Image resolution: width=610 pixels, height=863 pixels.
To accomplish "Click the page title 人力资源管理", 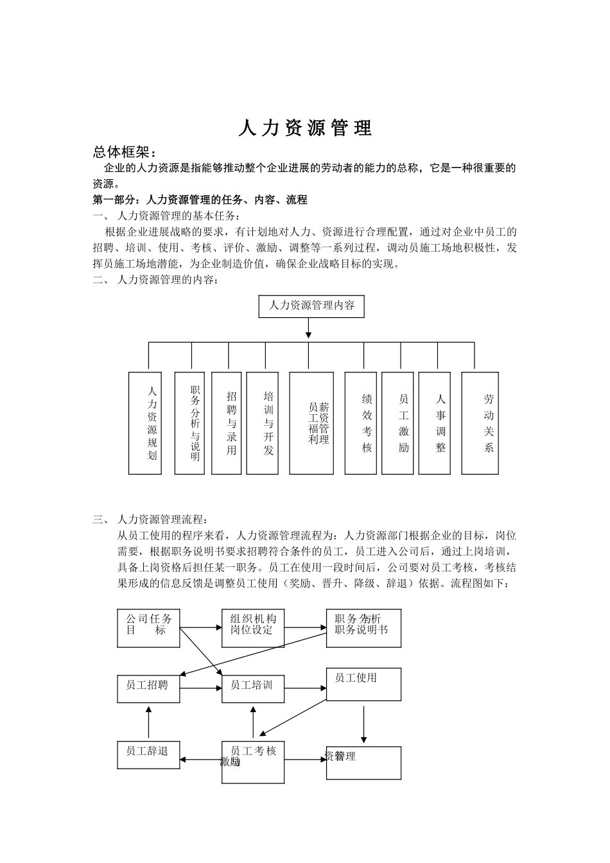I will click(x=305, y=128).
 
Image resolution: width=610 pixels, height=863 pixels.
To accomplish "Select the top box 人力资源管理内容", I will click(x=311, y=306).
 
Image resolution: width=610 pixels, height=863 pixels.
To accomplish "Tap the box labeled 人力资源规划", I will click(x=145, y=423).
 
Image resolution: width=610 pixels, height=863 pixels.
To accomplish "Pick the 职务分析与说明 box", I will click(x=189, y=423).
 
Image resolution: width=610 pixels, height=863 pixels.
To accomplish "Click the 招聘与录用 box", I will click(x=226, y=423).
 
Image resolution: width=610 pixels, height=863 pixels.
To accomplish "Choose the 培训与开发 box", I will click(x=263, y=423).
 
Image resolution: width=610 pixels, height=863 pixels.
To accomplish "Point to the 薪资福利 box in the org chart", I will click(x=311, y=423).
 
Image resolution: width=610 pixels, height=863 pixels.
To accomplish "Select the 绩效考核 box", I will click(x=361, y=423).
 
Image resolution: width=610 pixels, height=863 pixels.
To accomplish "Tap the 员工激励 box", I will click(x=397, y=423).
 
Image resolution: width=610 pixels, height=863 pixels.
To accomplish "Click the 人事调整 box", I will click(x=435, y=423).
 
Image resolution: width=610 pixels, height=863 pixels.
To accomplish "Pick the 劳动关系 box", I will click(x=480, y=423).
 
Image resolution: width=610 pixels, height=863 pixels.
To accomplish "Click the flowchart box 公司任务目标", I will click(x=148, y=628).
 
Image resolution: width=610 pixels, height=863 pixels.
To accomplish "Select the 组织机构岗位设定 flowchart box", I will click(x=253, y=628).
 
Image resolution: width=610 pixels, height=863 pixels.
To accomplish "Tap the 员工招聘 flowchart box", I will click(x=148, y=688).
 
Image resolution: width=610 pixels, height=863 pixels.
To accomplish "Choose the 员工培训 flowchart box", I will click(x=253, y=688).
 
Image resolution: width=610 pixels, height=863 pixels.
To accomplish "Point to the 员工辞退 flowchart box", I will click(x=148, y=755).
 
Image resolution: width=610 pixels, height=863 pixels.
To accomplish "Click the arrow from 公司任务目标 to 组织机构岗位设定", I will click(x=200, y=627).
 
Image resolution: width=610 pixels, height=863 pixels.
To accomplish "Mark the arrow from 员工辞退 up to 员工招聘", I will click(x=148, y=722).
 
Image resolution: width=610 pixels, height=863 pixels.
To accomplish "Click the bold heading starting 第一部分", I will click(x=200, y=200).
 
